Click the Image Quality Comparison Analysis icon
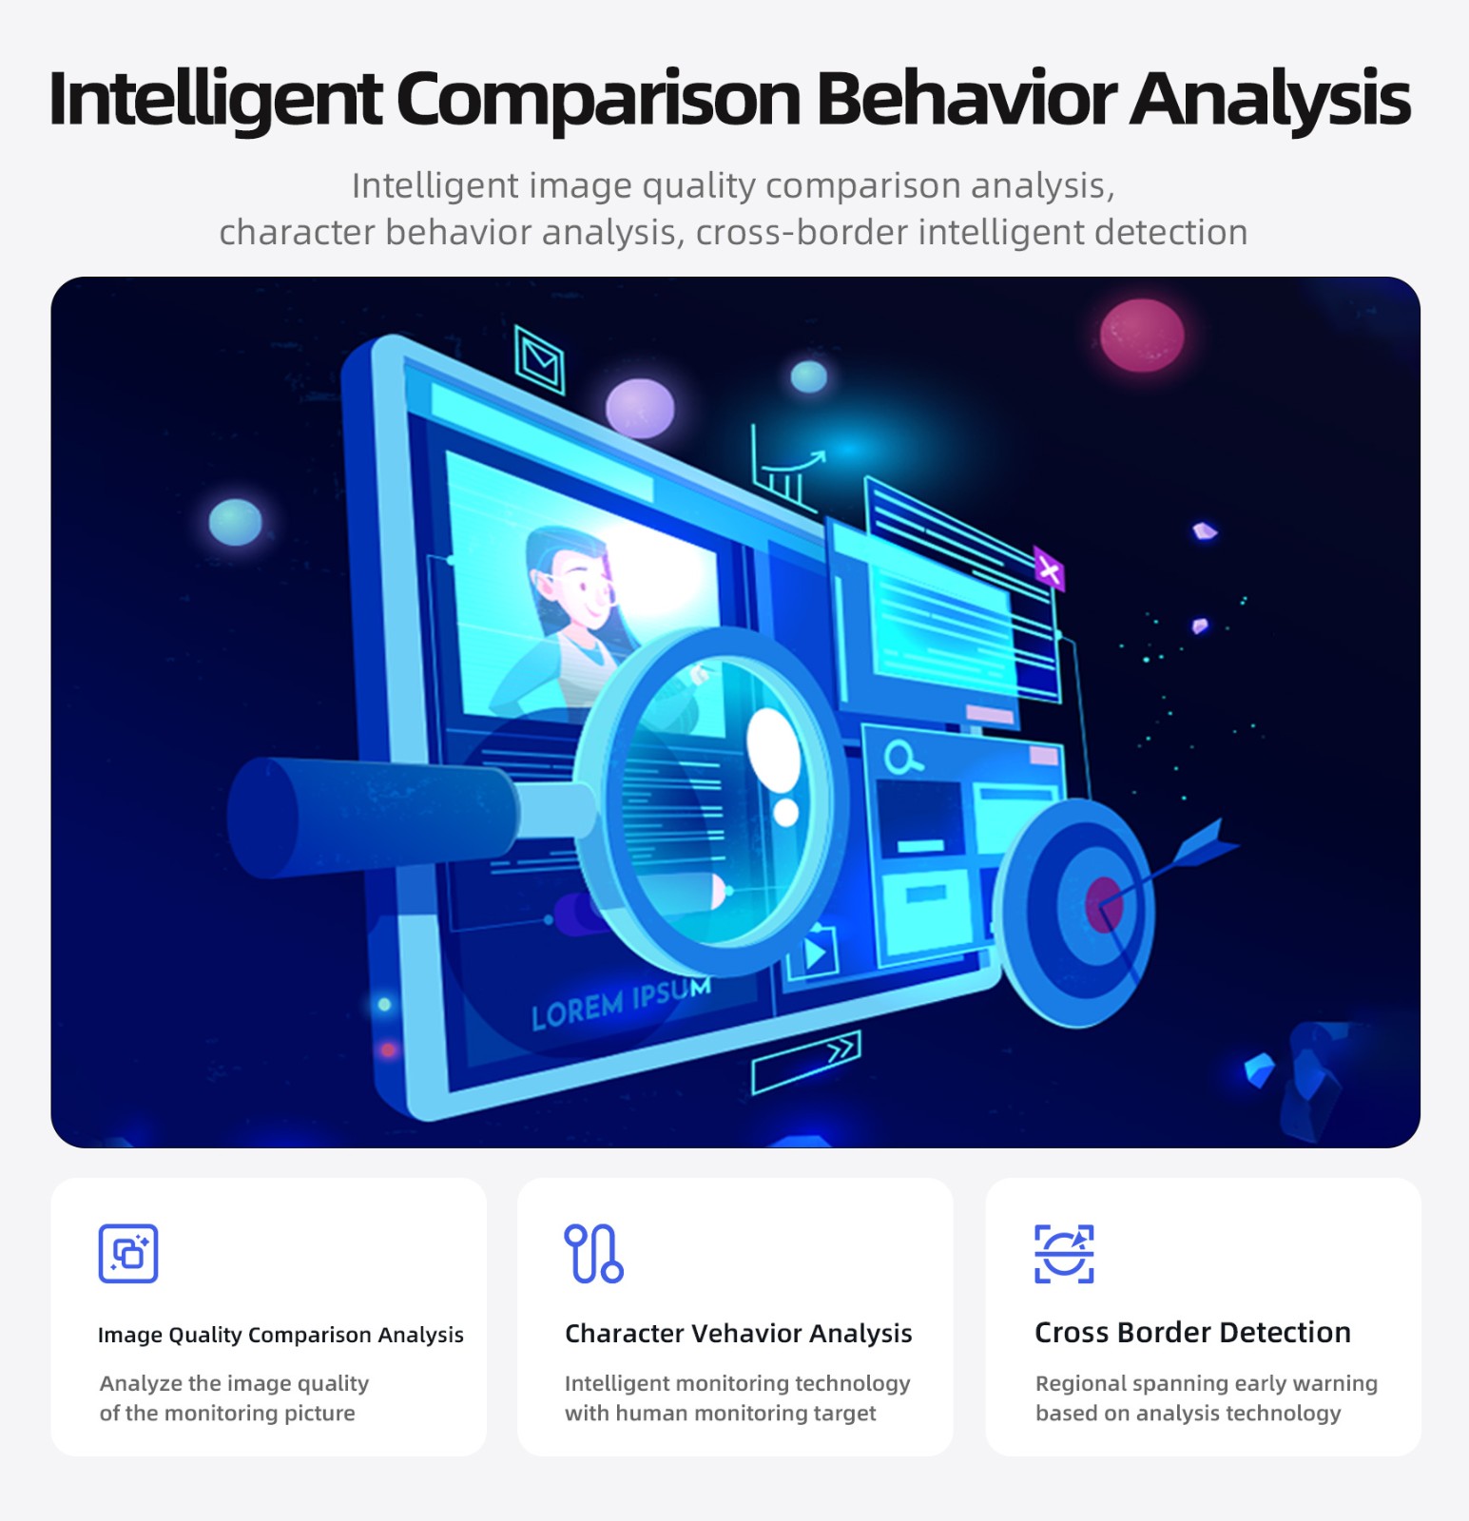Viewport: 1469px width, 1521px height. pyautogui.click(x=128, y=1253)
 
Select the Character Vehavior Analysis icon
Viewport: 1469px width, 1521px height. pyautogui.click(x=593, y=1253)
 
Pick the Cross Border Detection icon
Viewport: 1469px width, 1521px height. pyautogui.click(x=1064, y=1253)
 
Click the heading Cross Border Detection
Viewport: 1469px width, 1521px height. pyautogui.click(x=1192, y=1332)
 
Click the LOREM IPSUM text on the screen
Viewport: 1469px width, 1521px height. pyautogui.click(x=621, y=1004)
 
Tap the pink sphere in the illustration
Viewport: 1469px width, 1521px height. pyautogui.click(x=1142, y=335)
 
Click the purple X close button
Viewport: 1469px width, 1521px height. pyautogui.click(x=1049, y=569)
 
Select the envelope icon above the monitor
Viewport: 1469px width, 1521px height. pyautogui.click(x=539, y=359)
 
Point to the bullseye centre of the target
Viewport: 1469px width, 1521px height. pyautogui.click(x=1104, y=904)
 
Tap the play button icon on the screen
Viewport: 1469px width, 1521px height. pyautogui.click(x=814, y=953)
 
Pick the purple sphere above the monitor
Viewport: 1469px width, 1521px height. pyautogui.click(x=640, y=408)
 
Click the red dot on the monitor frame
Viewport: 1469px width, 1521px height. pyautogui.click(x=388, y=1049)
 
